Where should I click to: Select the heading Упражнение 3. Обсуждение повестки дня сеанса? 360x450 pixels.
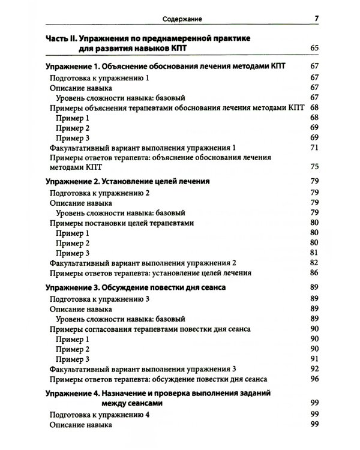(x=135, y=288)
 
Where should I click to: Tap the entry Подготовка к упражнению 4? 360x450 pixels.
(x=98, y=415)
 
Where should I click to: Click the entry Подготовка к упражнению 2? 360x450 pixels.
(x=98, y=193)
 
